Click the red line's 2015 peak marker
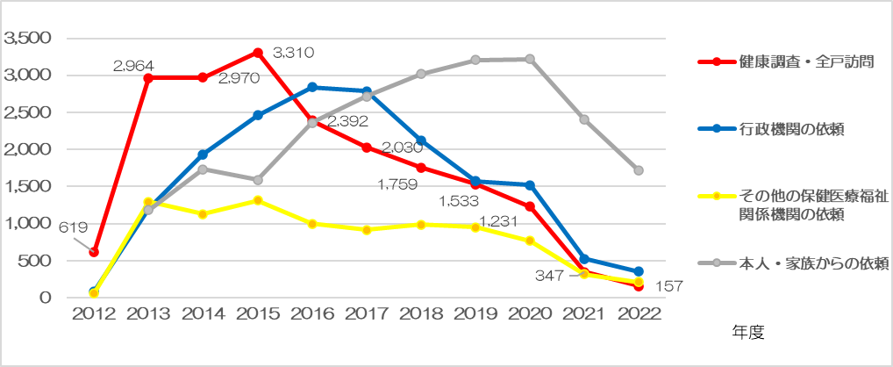click(x=258, y=53)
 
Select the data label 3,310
click(x=293, y=54)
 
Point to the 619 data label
click(x=74, y=227)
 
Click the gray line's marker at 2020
click(x=531, y=59)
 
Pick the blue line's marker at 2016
click(x=312, y=87)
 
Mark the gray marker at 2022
click(x=639, y=170)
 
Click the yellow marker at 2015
click(x=258, y=200)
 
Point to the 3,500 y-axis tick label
click(x=28, y=38)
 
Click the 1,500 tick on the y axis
click(x=28, y=186)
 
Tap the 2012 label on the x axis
click(x=95, y=317)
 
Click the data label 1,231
click(x=497, y=221)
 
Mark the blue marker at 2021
click(x=584, y=259)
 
